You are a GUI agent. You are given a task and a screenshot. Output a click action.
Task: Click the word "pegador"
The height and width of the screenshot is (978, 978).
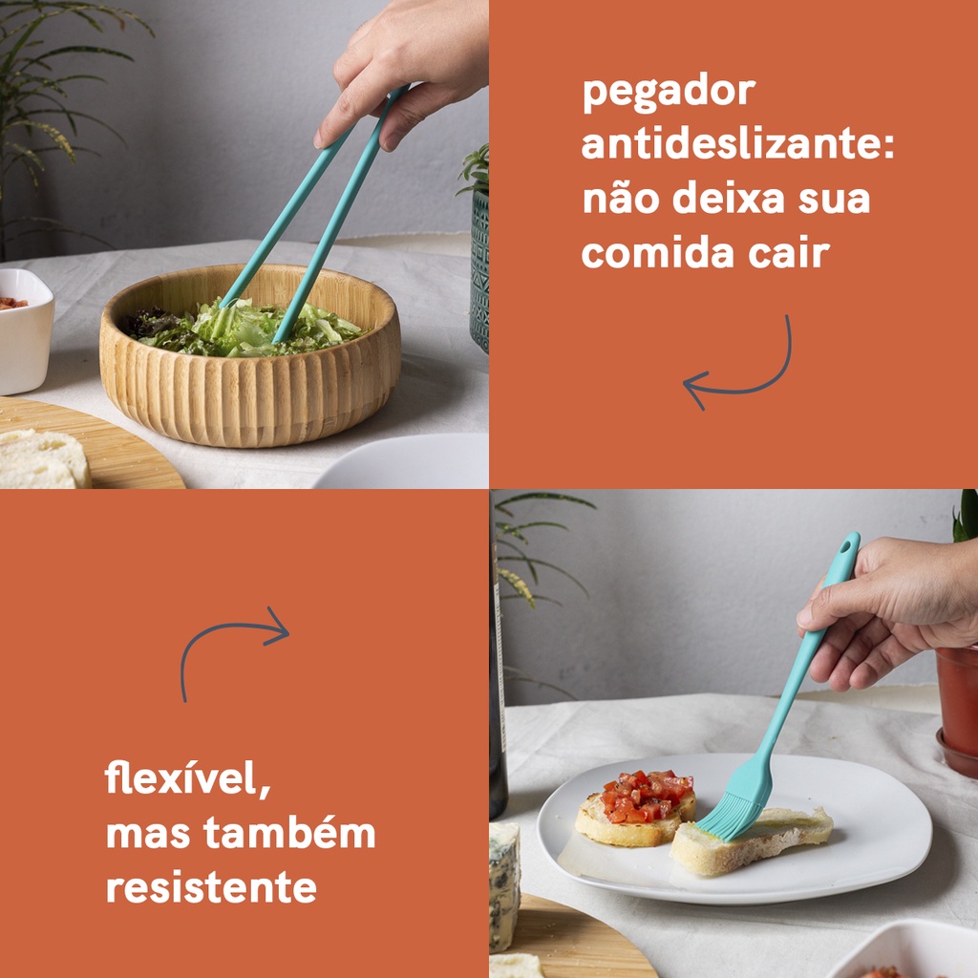[x=669, y=93]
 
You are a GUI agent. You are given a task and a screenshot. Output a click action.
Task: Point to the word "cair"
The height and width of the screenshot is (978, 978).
[x=789, y=252]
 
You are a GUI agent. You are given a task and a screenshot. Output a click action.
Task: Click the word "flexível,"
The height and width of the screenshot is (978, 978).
[x=188, y=778]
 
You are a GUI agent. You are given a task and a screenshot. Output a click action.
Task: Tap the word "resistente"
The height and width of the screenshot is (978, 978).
[x=211, y=887]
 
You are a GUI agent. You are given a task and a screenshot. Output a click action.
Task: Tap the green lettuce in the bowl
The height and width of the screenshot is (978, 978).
[x=246, y=329]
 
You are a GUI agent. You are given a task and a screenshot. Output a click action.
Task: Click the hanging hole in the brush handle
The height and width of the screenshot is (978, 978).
[x=846, y=547]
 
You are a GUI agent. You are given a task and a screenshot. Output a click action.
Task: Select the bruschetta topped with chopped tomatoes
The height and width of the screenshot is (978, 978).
[x=636, y=808]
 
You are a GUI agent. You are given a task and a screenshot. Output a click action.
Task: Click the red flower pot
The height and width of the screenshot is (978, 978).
[x=957, y=708]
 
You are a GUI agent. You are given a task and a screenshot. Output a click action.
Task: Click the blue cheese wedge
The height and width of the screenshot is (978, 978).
[x=504, y=885]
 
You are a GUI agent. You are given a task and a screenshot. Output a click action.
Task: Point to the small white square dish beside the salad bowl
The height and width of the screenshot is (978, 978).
[x=25, y=330]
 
